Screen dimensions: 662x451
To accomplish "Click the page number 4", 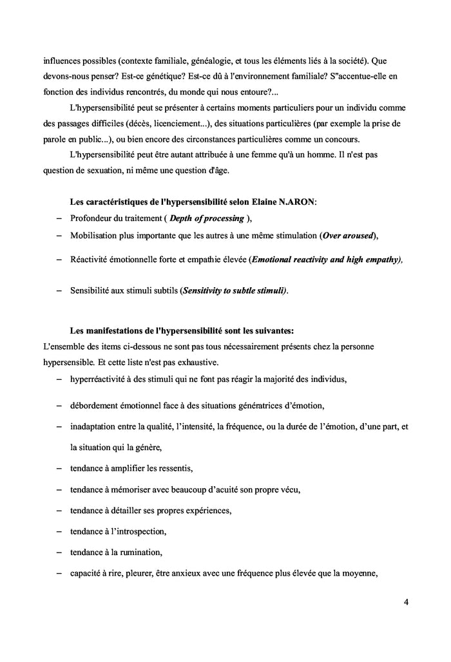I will click(406, 602).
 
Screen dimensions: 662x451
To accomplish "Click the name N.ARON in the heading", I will click(296, 202).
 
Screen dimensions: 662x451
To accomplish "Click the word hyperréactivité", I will click(101, 379).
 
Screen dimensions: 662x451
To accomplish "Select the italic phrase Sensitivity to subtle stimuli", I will click(235, 290).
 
